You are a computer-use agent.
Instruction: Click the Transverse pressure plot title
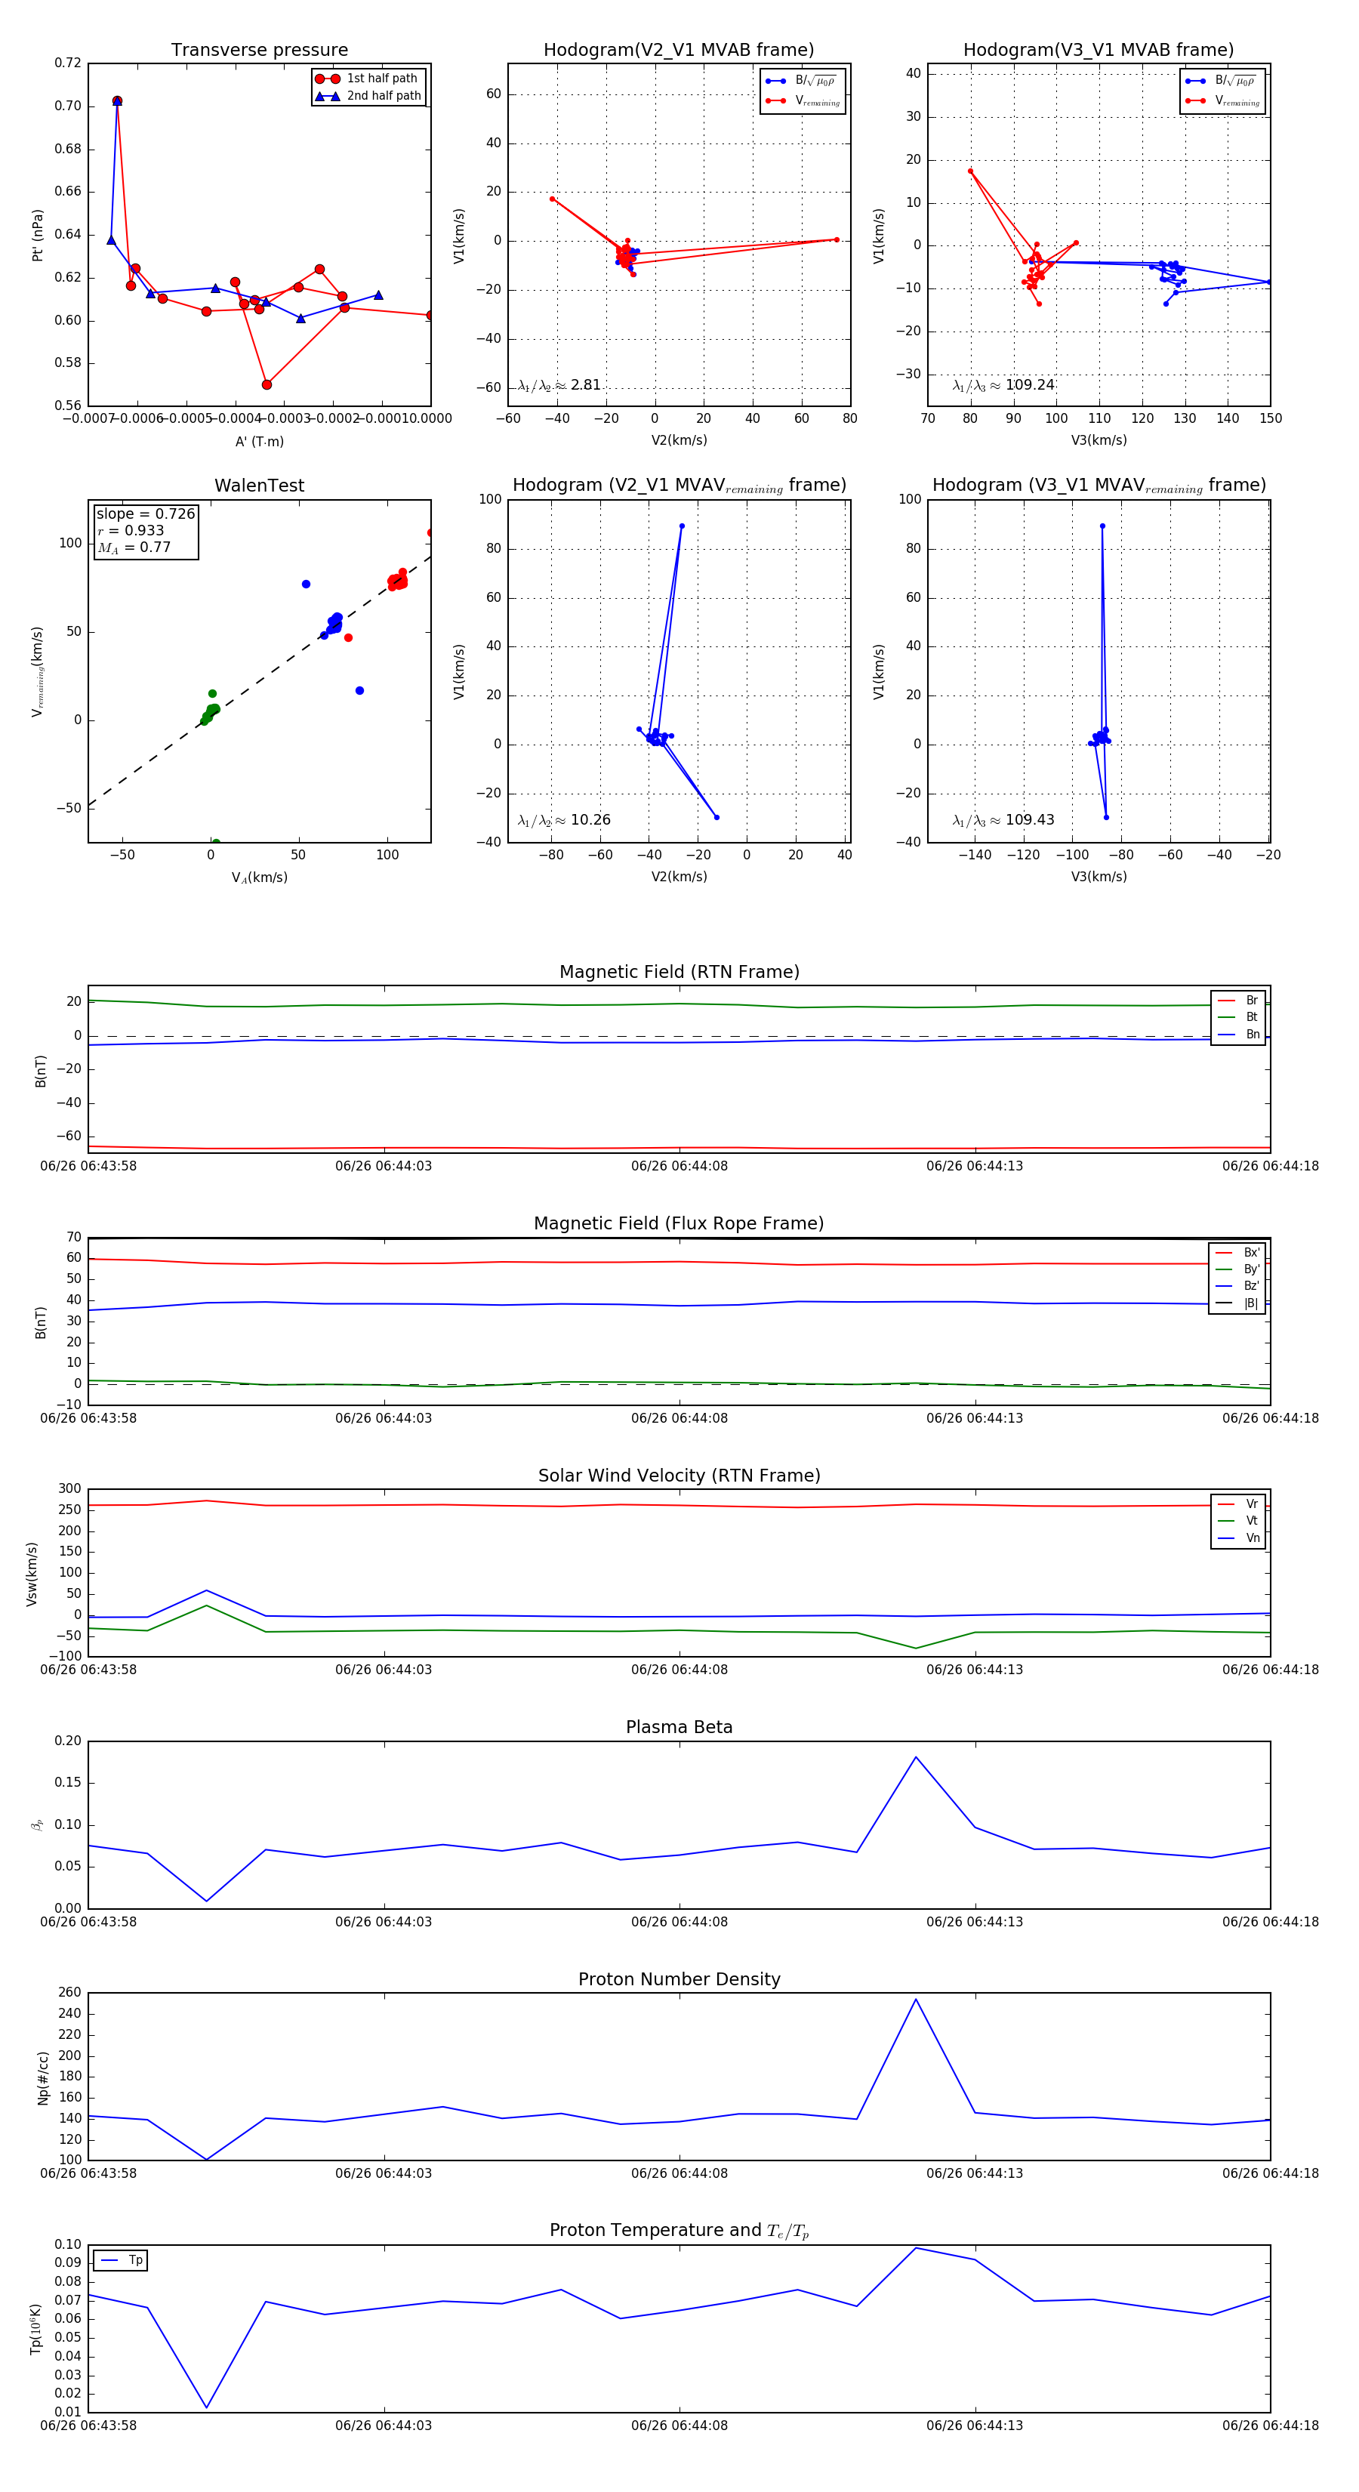[259, 51]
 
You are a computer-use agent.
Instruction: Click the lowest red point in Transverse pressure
[267, 385]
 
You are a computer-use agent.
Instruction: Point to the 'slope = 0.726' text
[145, 514]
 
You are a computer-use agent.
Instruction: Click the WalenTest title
[259, 486]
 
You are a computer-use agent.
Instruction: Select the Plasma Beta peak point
[916, 1756]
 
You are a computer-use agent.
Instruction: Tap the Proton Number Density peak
[916, 1999]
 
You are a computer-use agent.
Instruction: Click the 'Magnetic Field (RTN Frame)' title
[679, 972]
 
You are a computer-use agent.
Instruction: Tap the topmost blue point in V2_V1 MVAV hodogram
[682, 526]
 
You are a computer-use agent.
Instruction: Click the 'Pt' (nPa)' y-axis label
[38, 235]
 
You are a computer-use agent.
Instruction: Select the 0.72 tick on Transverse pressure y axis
[68, 63]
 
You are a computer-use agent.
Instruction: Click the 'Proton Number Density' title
[679, 1979]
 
